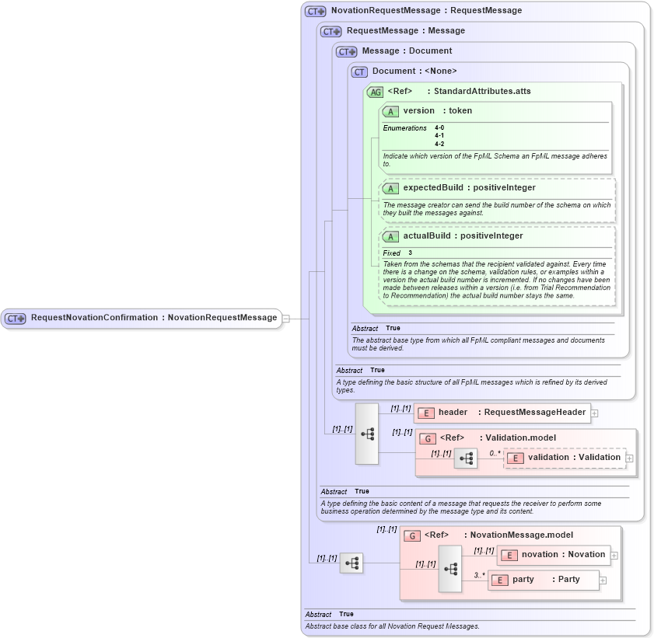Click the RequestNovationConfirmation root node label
click(x=153, y=318)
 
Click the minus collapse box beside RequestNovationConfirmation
click(x=286, y=318)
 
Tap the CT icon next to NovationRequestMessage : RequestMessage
click(x=315, y=11)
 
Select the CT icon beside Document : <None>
click(x=359, y=71)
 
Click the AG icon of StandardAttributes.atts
click(x=375, y=92)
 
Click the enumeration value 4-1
click(x=439, y=135)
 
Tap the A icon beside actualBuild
click(x=390, y=236)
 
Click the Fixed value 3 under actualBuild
click(x=411, y=253)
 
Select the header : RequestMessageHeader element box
click(x=502, y=413)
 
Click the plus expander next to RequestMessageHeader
click(x=595, y=413)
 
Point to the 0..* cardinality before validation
click(x=495, y=452)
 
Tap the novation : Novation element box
click(x=554, y=555)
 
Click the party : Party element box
click(x=544, y=580)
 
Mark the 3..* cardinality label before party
click(x=479, y=575)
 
